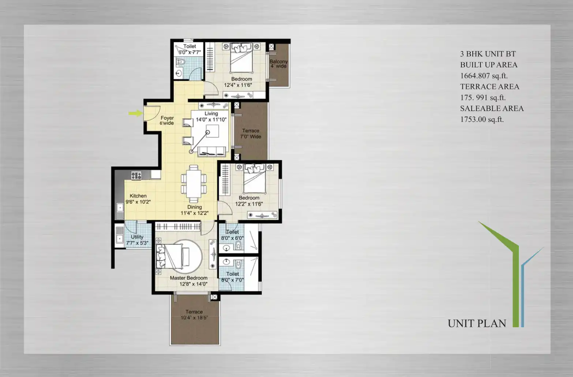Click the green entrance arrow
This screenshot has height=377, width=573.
pyautogui.click(x=136, y=113)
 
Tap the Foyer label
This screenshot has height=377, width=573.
pyautogui.click(x=167, y=118)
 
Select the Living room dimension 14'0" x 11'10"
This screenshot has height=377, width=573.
pyautogui.click(x=211, y=120)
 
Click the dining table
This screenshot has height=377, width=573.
pyautogui.click(x=194, y=184)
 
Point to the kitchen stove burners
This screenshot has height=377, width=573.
pyautogui.click(x=136, y=176)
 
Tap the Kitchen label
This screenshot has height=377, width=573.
pyautogui.click(x=138, y=196)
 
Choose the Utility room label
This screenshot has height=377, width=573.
pyautogui.click(x=137, y=237)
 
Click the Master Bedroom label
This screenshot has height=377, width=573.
pyautogui.click(x=189, y=278)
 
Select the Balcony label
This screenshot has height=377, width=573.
pyautogui.click(x=278, y=62)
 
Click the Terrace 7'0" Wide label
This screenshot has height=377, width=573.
pyautogui.click(x=251, y=134)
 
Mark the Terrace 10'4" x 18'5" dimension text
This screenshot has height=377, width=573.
pyautogui.click(x=194, y=318)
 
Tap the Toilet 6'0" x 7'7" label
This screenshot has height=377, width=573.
pyautogui.click(x=190, y=49)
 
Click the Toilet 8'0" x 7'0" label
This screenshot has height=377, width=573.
pyautogui.click(x=232, y=277)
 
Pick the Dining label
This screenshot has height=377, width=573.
pyautogui.click(x=195, y=207)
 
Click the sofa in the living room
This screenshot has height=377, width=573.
pyautogui.click(x=211, y=151)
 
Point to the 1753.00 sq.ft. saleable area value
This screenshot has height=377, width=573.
pyautogui.click(x=482, y=120)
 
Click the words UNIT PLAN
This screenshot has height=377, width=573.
pyautogui.click(x=477, y=324)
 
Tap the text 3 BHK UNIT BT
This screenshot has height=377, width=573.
pyautogui.click(x=488, y=54)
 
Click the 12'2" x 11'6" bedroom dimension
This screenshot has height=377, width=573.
pyautogui.click(x=249, y=204)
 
